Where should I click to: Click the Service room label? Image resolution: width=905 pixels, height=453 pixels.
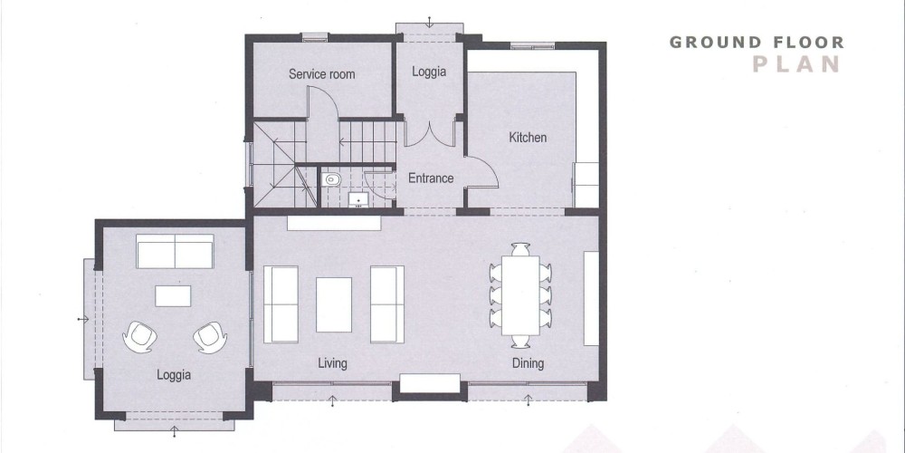click(321, 74)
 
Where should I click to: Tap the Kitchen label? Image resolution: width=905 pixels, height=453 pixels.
click(528, 138)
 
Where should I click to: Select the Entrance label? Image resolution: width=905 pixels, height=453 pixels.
click(431, 178)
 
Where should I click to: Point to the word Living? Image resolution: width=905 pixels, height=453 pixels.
click(332, 363)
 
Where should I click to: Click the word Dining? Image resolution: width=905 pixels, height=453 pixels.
click(529, 363)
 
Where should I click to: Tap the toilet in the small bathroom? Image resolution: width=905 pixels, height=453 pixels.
click(330, 179)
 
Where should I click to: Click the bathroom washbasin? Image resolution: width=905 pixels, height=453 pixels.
click(358, 199)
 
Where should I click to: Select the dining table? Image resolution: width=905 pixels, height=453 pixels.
click(520, 295)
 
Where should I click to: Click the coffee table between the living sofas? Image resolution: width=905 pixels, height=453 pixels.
click(334, 304)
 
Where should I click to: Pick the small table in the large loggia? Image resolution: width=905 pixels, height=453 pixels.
click(173, 296)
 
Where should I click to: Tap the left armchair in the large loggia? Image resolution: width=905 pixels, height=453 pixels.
click(139, 337)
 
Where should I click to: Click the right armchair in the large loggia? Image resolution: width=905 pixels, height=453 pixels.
click(210, 337)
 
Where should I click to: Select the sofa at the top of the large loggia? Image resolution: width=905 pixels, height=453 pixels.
click(175, 251)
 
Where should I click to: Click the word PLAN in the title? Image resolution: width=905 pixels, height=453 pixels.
click(795, 64)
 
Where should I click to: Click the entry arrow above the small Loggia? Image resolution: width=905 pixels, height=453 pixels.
click(429, 23)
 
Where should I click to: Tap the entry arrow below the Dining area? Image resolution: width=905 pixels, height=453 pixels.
click(529, 400)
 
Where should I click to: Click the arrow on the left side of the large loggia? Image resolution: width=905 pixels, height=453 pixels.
click(83, 319)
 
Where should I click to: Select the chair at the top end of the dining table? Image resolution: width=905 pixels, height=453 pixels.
click(520, 249)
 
